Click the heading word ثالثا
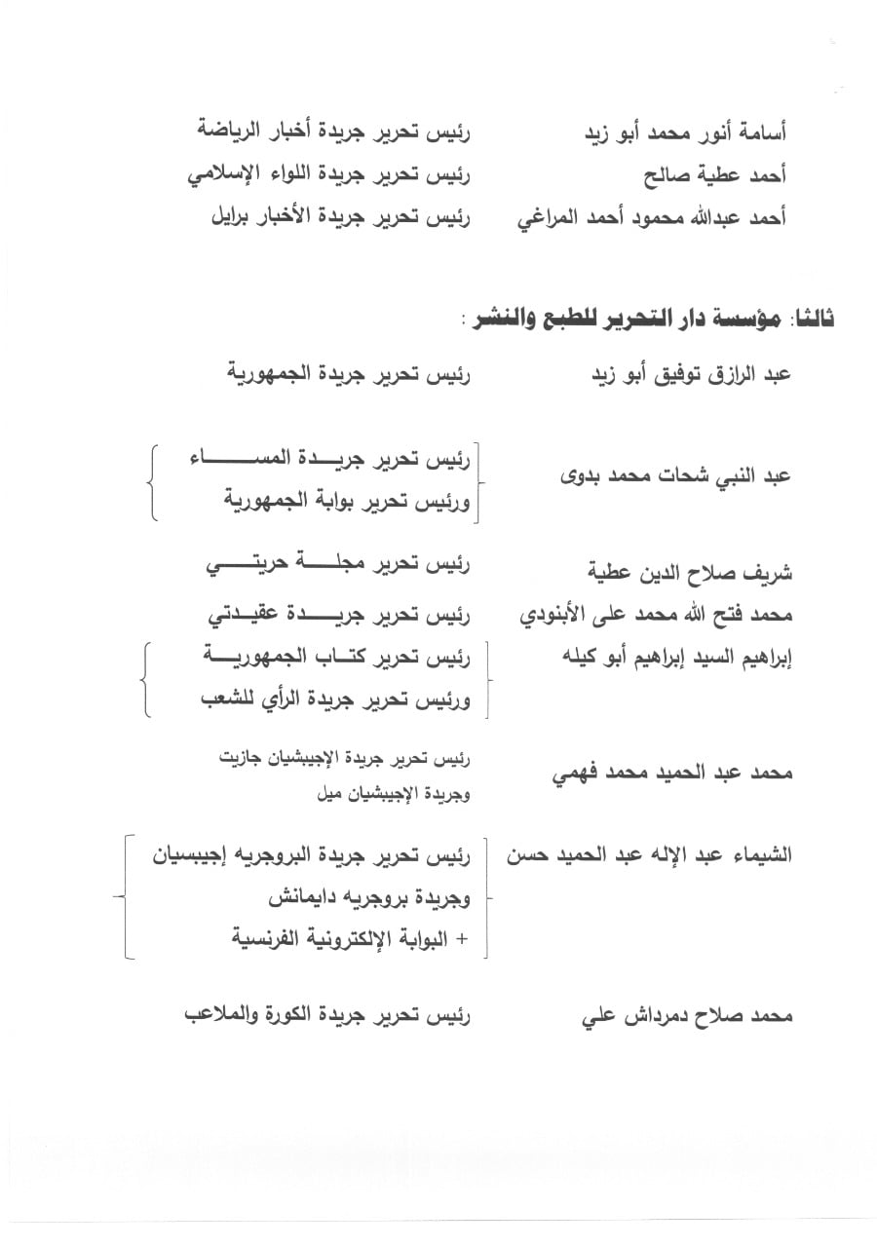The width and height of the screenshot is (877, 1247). point(814,320)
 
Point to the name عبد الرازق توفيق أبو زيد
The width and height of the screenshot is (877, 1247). point(693,374)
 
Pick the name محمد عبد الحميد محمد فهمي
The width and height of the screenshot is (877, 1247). point(671,773)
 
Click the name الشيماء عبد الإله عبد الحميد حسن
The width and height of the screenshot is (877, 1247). point(649,855)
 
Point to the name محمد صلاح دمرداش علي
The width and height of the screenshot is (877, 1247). point(687,1016)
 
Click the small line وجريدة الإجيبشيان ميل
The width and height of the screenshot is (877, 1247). point(394,794)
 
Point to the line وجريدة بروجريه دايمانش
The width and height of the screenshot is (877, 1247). point(365,897)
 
